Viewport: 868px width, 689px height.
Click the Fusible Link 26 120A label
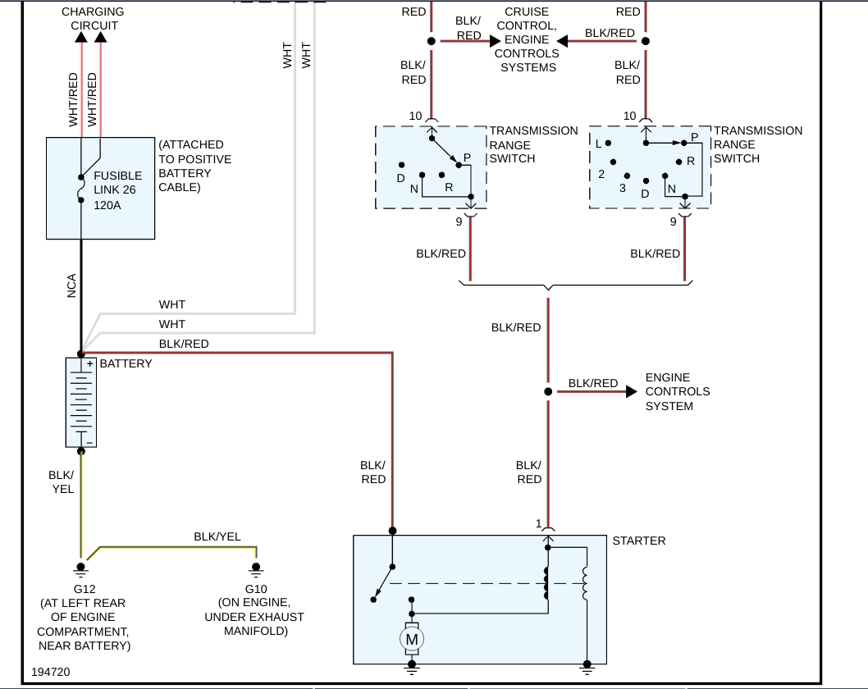[x=118, y=189]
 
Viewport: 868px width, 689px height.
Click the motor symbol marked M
[x=412, y=638]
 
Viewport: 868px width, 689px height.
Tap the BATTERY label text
[x=126, y=363]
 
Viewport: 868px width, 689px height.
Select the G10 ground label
[x=256, y=589]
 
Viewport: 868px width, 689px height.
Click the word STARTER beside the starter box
[x=639, y=541]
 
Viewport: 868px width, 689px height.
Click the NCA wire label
[x=72, y=285]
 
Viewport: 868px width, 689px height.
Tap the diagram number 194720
[x=52, y=672]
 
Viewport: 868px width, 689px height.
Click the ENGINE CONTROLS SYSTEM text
[x=678, y=391]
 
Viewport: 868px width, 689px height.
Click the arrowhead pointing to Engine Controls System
[x=631, y=392]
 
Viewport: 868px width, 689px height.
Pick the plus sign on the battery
[x=90, y=363]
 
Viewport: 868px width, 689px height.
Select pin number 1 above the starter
[x=539, y=523]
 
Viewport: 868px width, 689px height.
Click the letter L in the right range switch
[x=599, y=144]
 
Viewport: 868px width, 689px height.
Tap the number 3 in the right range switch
[x=623, y=188]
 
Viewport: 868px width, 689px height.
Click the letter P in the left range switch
[x=467, y=157]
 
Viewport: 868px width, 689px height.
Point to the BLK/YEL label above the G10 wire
[x=217, y=536]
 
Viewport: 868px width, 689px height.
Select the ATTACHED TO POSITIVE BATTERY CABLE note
[x=195, y=166]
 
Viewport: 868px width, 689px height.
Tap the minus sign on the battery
[x=89, y=442]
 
